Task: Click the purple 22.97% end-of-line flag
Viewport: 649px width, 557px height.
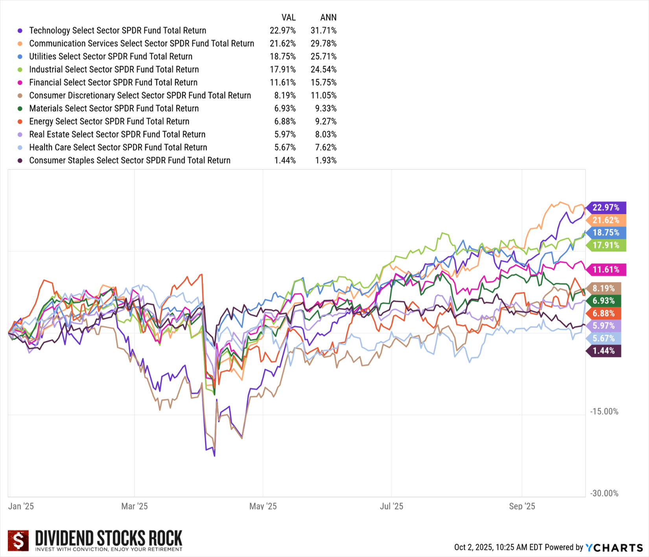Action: tap(606, 207)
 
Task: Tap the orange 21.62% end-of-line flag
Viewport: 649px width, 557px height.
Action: tap(606, 220)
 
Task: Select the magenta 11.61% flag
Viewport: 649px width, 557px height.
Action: tap(606, 270)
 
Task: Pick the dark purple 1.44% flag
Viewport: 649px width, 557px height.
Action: tap(603, 351)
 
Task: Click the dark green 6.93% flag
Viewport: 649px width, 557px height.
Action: tap(603, 301)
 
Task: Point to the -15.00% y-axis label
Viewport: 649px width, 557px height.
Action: tap(604, 411)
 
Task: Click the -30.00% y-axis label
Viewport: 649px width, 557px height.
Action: tap(604, 493)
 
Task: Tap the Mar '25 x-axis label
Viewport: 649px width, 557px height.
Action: tap(135, 506)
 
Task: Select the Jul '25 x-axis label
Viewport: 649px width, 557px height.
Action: tap(391, 506)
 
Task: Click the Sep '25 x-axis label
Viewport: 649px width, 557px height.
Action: tap(522, 506)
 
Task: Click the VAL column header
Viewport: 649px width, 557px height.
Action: tap(288, 17)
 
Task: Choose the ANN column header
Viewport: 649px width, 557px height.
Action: tap(328, 17)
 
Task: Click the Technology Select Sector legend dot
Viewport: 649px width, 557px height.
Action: tap(20, 31)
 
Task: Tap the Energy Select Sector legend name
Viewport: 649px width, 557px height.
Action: tap(109, 121)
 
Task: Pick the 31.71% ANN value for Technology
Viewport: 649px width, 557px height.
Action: tap(323, 30)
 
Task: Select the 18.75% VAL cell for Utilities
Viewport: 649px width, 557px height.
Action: tap(282, 56)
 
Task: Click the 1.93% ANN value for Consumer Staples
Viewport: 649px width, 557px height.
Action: tap(326, 160)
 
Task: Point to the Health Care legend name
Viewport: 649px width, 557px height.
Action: tap(118, 147)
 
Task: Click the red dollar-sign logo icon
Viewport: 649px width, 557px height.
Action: tap(18, 540)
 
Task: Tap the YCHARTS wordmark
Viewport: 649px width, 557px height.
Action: tap(614, 548)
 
